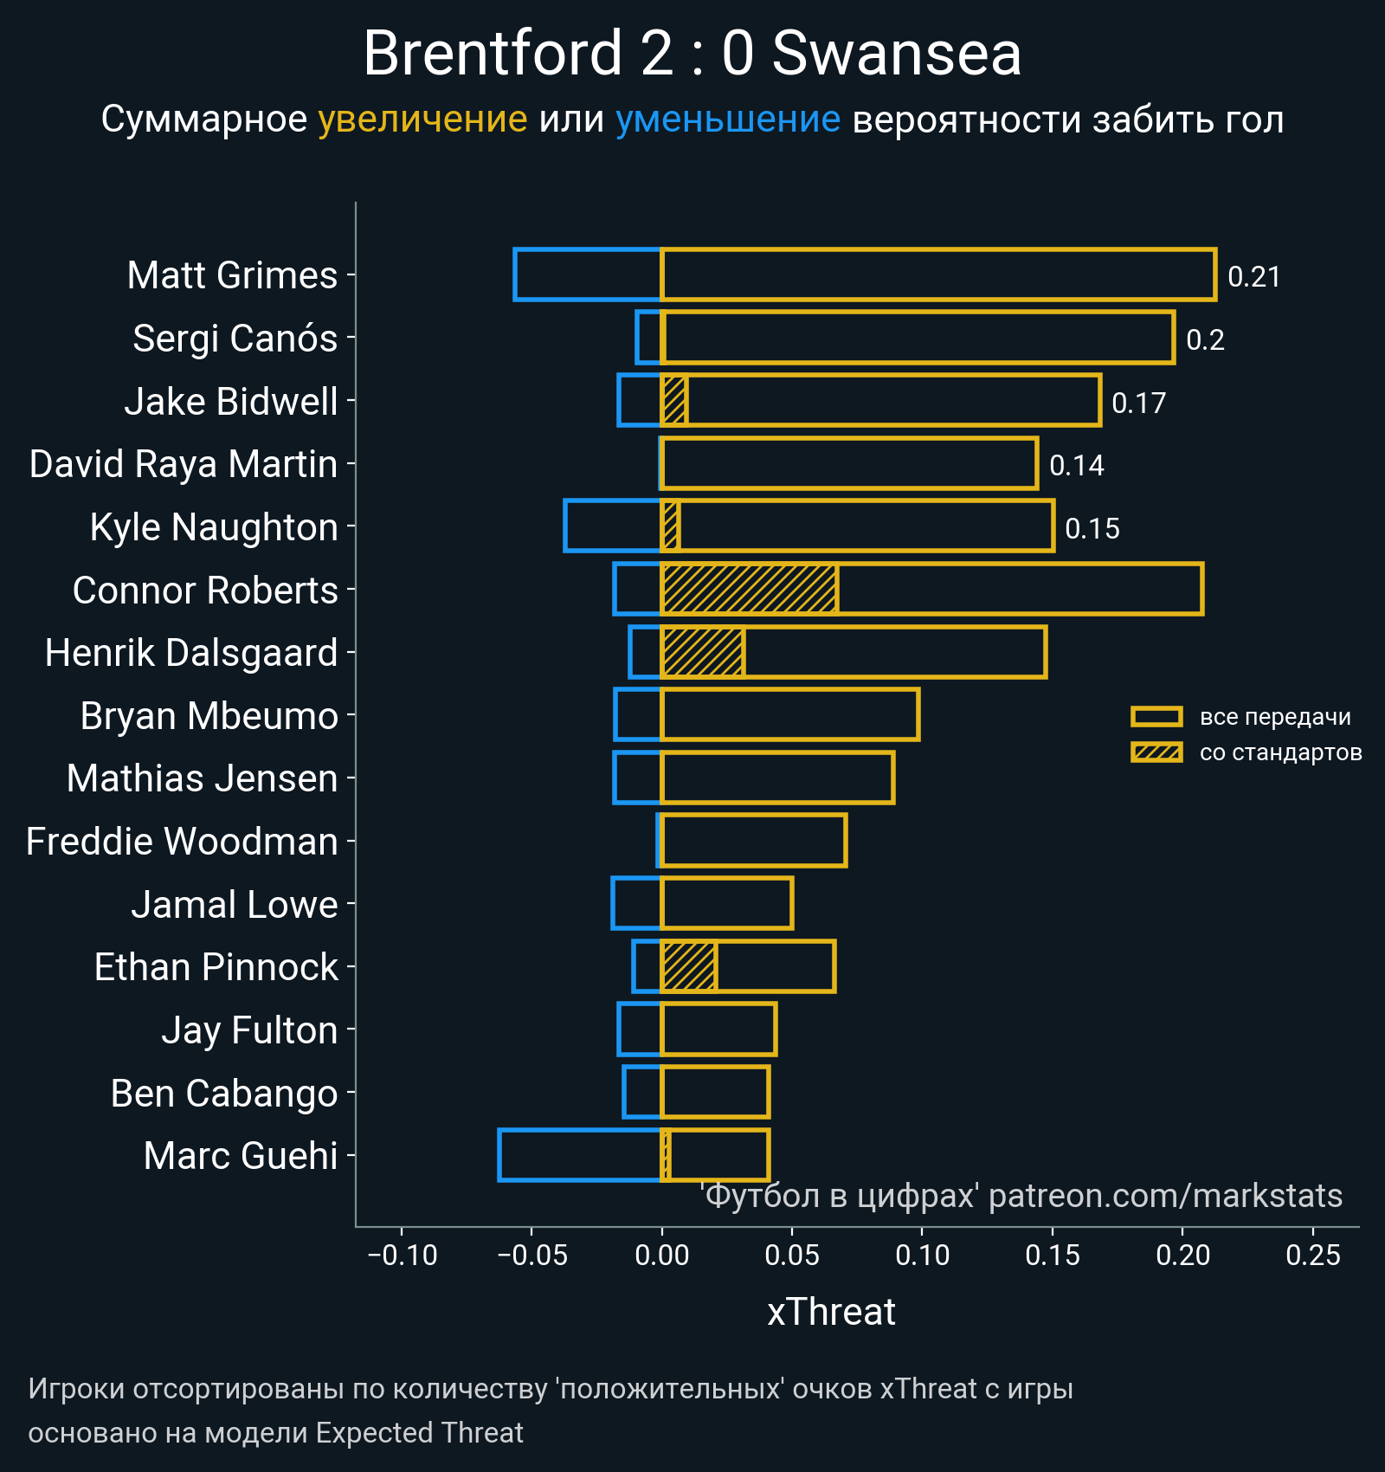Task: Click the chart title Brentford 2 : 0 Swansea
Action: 692,54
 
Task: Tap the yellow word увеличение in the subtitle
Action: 422,119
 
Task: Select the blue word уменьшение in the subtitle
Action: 727,119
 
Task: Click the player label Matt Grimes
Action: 232,275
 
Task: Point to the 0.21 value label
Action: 1253,277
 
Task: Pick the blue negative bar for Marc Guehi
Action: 580,1155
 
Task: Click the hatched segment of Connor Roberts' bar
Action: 750,590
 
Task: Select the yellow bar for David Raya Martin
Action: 848,464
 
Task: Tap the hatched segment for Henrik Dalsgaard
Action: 703,652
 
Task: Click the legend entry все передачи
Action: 1274,717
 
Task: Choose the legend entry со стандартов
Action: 1280,752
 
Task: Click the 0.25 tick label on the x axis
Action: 1312,1255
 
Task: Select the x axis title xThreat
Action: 831,1312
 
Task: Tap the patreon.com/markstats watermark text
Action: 1165,1196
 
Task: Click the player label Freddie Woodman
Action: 182,842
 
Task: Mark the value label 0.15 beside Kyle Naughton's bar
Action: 1092,528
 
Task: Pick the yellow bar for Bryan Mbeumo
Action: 789,715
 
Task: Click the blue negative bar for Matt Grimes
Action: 588,274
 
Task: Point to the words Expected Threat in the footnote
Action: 419,1433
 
